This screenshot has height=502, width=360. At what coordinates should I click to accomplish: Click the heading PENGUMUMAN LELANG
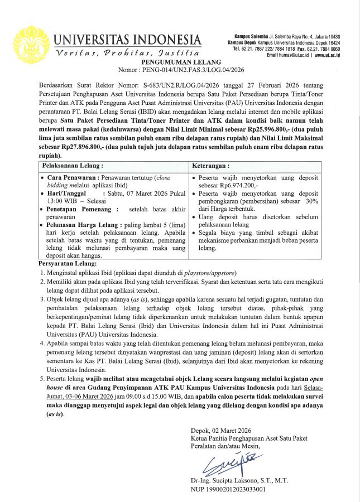coord(180,63)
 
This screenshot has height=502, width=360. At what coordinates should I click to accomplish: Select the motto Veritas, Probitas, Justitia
coord(126,53)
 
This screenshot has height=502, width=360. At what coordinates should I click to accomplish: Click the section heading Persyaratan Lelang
coord(68,263)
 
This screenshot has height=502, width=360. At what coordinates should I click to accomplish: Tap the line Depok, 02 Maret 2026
coord(220,431)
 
